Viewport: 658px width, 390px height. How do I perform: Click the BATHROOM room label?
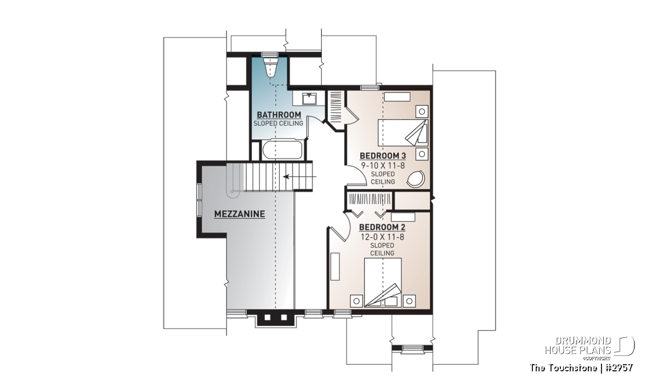[279, 115]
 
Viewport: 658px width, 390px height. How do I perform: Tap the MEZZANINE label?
[240, 214]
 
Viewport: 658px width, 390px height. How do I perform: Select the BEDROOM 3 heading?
[383, 156]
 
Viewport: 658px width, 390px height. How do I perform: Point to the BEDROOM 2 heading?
[382, 227]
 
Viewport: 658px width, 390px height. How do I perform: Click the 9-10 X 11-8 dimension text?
[383, 166]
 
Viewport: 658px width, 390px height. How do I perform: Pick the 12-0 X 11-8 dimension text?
[382, 237]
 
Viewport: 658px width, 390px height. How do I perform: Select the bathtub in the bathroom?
[282, 150]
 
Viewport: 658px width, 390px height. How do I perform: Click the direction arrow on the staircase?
[299, 177]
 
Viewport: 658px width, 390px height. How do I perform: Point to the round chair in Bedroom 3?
[416, 178]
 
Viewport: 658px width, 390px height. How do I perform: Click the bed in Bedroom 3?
[402, 133]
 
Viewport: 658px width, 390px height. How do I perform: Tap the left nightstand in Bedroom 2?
[356, 301]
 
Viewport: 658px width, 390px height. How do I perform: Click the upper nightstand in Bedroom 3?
[422, 111]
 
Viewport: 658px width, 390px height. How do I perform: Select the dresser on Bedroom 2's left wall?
[335, 266]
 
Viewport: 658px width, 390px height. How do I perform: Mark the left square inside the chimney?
[268, 318]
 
